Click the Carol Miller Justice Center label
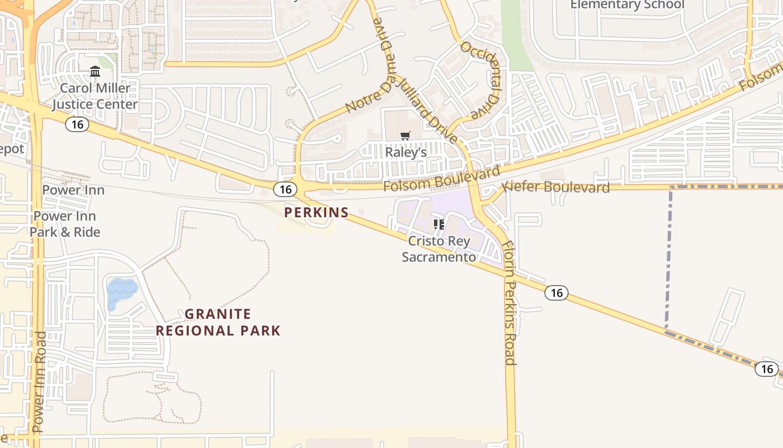95,96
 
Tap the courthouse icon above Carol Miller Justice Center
95,72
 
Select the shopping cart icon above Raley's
405,136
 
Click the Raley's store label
406,152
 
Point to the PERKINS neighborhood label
317,213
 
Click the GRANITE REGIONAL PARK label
218,323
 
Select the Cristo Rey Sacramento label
439,249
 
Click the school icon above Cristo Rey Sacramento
439,225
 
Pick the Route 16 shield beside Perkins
285,190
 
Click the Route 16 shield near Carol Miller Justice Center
77,124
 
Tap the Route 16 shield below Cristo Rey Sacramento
556,293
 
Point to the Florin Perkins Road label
509,302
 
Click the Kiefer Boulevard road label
556,187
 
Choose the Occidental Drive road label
480,79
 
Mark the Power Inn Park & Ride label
65,224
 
